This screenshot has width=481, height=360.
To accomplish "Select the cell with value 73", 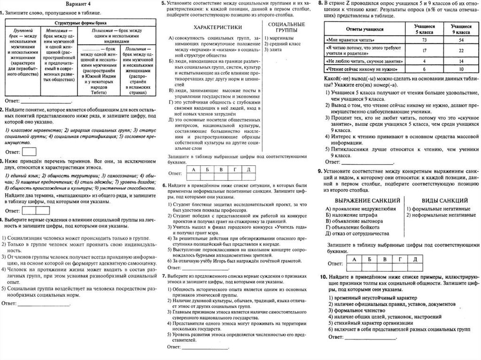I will (424, 41).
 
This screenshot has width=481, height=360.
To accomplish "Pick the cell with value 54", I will (461, 41).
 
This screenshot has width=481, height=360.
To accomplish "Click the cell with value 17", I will (424, 51).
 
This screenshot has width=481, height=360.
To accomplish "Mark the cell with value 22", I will (461, 51).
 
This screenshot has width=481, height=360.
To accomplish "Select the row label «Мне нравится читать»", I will (345, 41).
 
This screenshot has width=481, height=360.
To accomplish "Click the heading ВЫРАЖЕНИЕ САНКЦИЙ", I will (361, 200).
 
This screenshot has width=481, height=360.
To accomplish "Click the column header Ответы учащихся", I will (357, 29).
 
